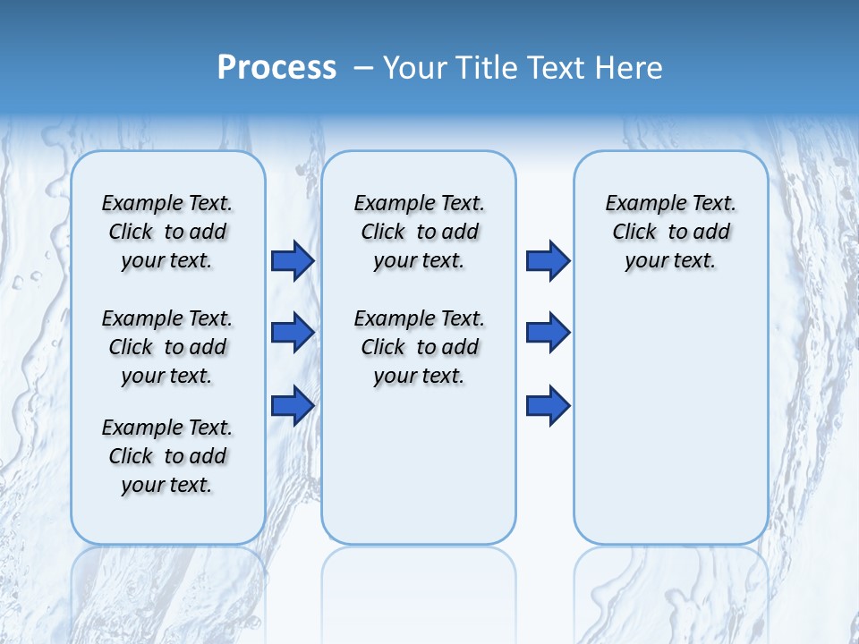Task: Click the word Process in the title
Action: click(x=276, y=68)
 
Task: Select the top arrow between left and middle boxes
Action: click(x=293, y=260)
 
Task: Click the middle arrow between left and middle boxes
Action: click(x=293, y=333)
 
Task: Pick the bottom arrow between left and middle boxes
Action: click(x=293, y=405)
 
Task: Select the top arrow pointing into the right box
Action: click(x=548, y=260)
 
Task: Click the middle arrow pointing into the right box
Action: click(x=548, y=333)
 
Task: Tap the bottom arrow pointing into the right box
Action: click(x=548, y=405)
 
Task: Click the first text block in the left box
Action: click(x=167, y=232)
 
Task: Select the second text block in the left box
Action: click(x=167, y=347)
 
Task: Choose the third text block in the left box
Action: click(x=167, y=456)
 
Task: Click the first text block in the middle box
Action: click(x=420, y=232)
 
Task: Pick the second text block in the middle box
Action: click(x=420, y=347)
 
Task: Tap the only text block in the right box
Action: click(x=671, y=232)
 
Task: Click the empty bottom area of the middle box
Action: click(x=419, y=474)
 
